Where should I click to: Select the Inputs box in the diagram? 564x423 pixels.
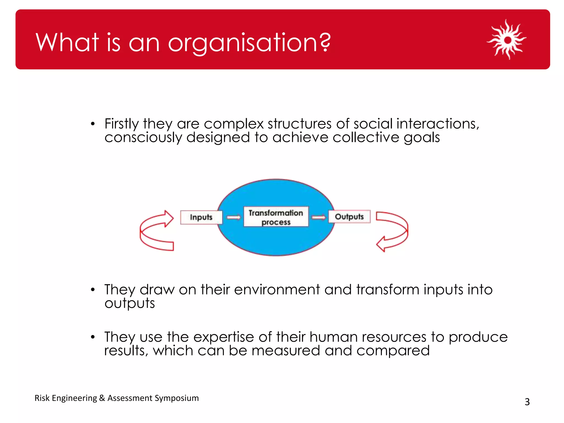point(201,217)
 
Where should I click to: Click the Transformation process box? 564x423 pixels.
point(276,217)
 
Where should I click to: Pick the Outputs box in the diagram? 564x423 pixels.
point(349,217)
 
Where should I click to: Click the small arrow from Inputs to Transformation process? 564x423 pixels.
point(234,218)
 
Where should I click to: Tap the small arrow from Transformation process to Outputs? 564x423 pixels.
point(319,218)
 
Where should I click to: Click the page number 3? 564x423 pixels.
point(527,402)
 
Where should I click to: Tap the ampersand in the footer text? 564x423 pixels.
point(102,398)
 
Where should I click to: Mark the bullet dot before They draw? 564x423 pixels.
point(93,290)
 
